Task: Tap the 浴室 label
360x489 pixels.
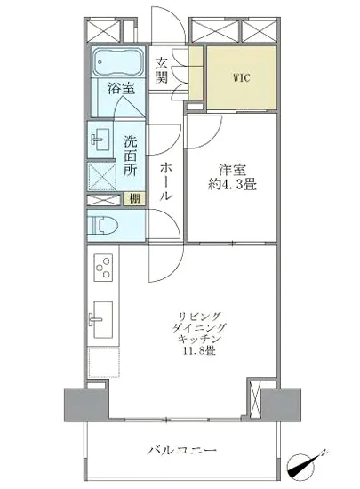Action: tap(122, 88)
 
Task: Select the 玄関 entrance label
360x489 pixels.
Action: tap(163, 71)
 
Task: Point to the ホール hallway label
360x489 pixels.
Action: tap(165, 181)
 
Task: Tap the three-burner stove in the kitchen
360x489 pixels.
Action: tap(102, 268)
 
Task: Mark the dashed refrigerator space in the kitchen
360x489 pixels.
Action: tap(102, 363)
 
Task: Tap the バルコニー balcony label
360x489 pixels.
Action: tap(181, 449)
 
